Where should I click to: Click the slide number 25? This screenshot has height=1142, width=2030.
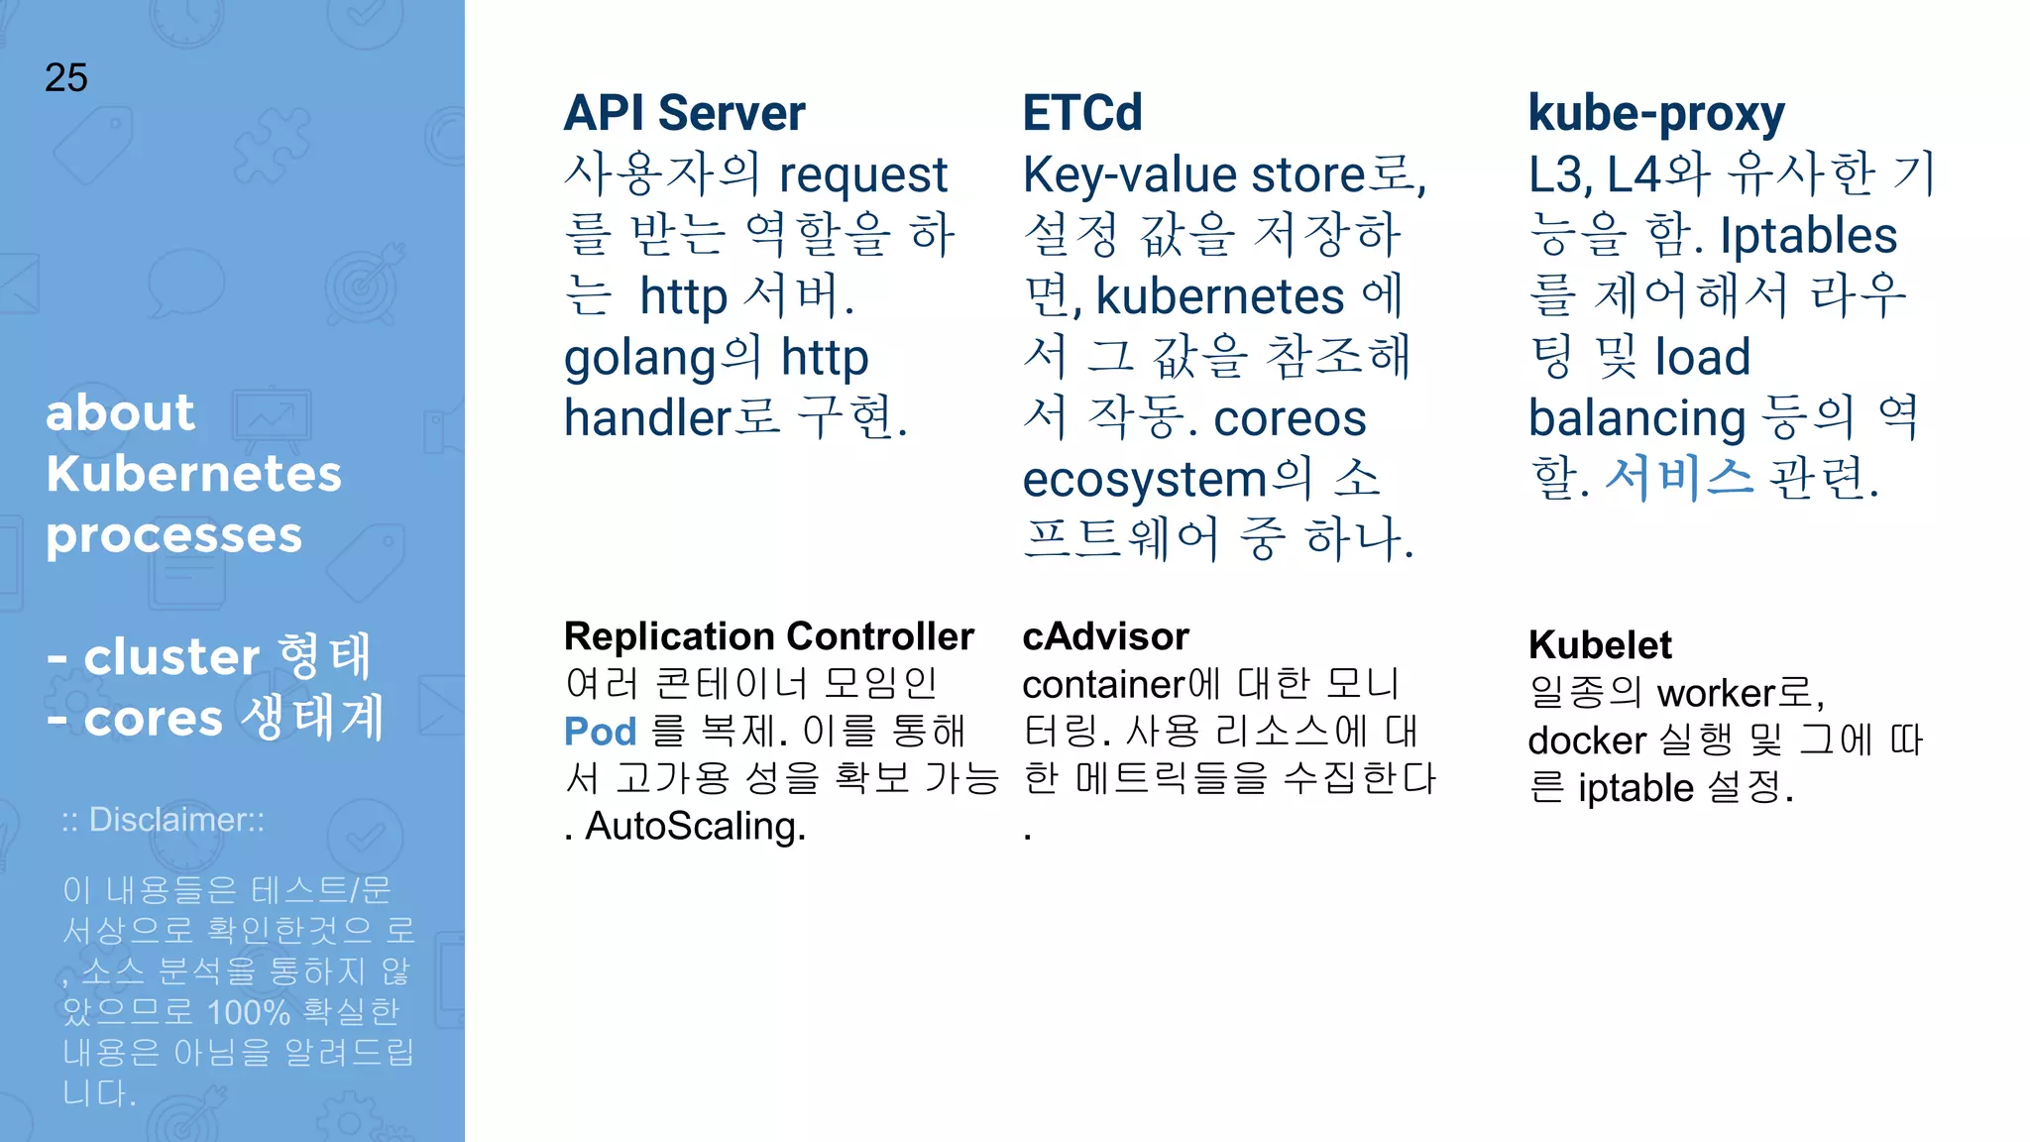click(x=66, y=77)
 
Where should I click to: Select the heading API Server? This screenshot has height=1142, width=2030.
click(x=684, y=113)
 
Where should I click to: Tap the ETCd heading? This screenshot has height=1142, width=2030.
click(x=1082, y=113)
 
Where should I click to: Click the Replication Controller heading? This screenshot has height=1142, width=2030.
click(x=769, y=636)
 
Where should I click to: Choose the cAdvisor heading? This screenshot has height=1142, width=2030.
click(x=1105, y=636)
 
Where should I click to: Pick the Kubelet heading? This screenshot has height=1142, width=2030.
click(x=1600, y=645)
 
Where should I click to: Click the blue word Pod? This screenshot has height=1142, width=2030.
click(x=600, y=732)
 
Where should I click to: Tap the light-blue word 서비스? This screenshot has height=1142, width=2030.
click(x=1678, y=478)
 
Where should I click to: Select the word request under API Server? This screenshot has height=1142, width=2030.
click(x=863, y=176)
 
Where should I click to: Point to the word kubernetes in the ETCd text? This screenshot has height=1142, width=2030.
click(x=1220, y=296)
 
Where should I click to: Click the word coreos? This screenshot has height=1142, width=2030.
click(x=1290, y=418)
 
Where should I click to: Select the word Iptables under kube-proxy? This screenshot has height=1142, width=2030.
click(x=1808, y=236)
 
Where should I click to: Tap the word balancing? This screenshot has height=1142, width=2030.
click(x=1636, y=418)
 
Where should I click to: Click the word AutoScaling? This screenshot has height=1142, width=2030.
click(x=695, y=827)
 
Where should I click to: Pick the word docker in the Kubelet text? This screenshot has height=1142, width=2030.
click(x=1587, y=741)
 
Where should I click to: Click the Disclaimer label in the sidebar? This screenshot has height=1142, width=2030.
click(x=164, y=820)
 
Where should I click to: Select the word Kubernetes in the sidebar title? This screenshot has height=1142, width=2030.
click(x=193, y=474)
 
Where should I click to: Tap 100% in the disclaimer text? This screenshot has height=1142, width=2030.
click(x=248, y=1012)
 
